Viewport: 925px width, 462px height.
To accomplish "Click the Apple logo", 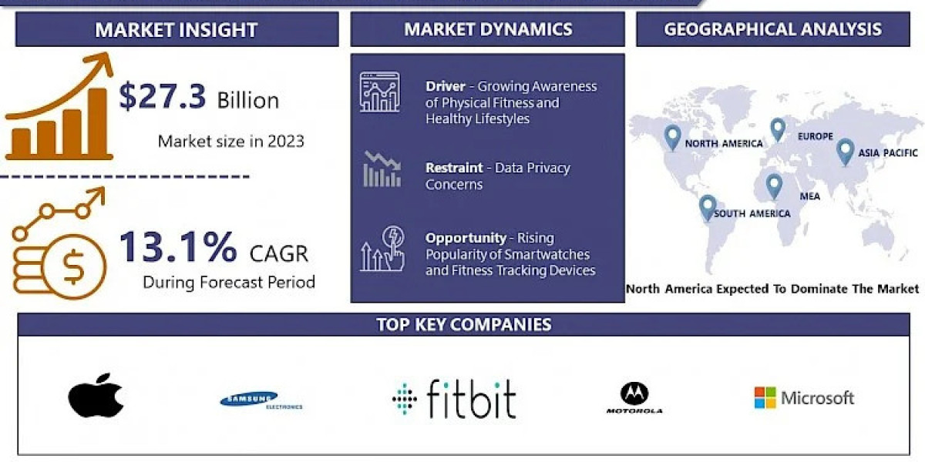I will click(96, 396).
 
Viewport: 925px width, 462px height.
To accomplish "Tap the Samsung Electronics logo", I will click(261, 400).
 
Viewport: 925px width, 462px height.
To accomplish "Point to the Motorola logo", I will click(634, 398).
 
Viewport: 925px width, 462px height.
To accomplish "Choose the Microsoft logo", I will click(804, 398).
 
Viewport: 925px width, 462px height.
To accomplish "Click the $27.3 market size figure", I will click(163, 98).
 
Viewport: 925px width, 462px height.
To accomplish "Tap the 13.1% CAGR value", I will click(177, 248).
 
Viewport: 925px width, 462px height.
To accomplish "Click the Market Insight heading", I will click(176, 30).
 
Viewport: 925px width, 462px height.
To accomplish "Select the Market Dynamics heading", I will click(488, 29).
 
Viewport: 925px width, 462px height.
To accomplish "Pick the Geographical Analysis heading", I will click(772, 29).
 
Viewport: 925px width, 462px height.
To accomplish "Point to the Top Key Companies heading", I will click(463, 324).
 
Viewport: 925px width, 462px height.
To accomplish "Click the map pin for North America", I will click(673, 137).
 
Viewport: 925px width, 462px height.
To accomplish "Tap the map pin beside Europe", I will click(778, 129).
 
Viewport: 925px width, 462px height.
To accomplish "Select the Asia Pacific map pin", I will click(845, 151).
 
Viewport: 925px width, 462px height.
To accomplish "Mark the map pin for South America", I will click(707, 207).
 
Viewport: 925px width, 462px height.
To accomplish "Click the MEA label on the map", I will click(809, 196).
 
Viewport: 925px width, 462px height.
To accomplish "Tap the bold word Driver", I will click(445, 86).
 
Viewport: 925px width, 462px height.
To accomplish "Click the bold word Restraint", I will click(454, 168).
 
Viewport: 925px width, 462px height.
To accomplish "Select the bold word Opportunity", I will click(466, 238).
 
